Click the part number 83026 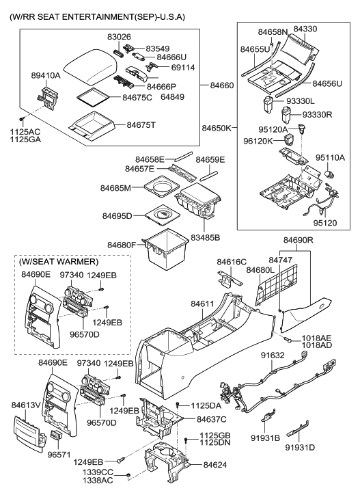(x=119, y=38)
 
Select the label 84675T (x=141, y=125)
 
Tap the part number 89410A (x=46, y=75)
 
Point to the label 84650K (x=217, y=128)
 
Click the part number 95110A (x=330, y=158)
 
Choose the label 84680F (x=122, y=245)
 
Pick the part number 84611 (x=202, y=304)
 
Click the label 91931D (x=300, y=448)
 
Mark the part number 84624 (x=215, y=465)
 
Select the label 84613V (x=26, y=405)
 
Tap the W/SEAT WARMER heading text (x=59, y=262)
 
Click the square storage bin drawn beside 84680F (x=165, y=247)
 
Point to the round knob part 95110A (x=330, y=175)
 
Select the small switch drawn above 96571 (x=56, y=435)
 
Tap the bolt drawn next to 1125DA (x=178, y=405)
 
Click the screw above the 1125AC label (x=22, y=119)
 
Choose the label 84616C (x=232, y=262)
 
